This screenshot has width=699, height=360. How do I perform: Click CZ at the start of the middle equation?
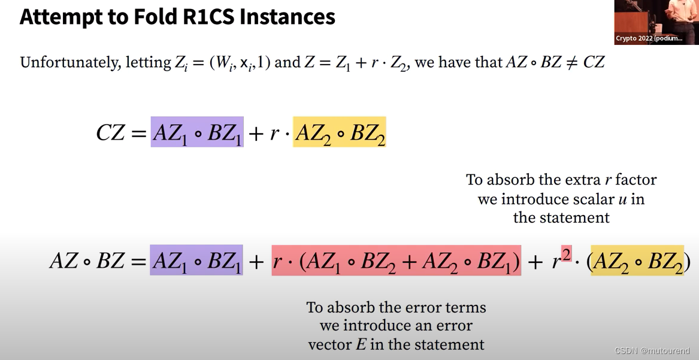[111, 132]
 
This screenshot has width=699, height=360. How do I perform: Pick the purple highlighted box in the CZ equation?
[197, 132]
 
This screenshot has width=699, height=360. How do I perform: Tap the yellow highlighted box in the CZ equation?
[339, 132]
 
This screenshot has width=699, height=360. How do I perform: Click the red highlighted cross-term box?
[396, 261]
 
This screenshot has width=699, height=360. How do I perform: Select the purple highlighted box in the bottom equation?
[196, 261]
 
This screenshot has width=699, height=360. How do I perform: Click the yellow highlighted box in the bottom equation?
[637, 261]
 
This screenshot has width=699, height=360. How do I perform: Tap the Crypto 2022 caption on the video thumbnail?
[649, 38]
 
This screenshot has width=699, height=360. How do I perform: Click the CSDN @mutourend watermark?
[652, 351]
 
